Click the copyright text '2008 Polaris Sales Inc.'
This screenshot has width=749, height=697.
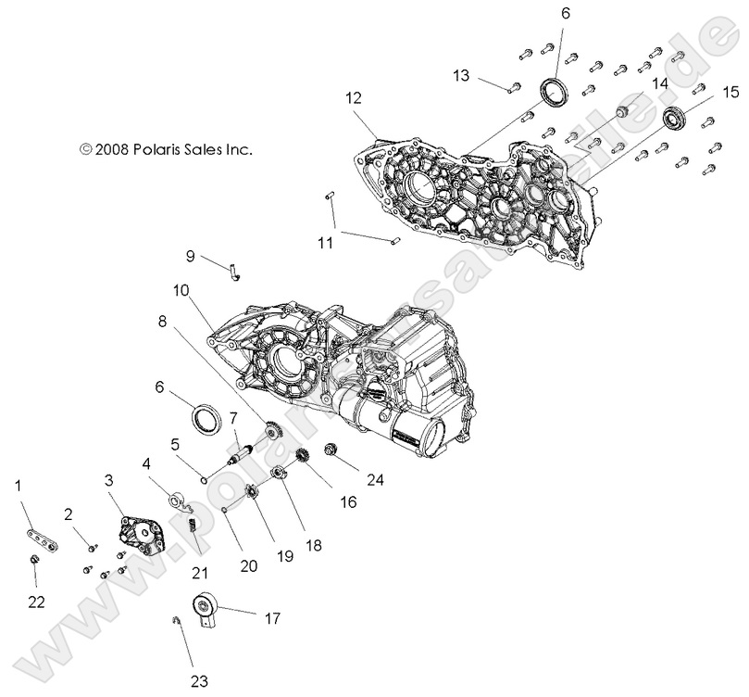[x=166, y=147]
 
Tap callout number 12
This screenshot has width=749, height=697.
[x=355, y=96]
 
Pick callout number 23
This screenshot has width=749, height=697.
[x=199, y=681]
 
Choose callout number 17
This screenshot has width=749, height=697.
[x=271, y=617]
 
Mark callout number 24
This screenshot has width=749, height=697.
[x=373, y=480]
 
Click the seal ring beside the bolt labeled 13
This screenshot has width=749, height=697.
[x=555, y=94]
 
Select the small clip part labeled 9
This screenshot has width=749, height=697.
[x=235, y=271]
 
